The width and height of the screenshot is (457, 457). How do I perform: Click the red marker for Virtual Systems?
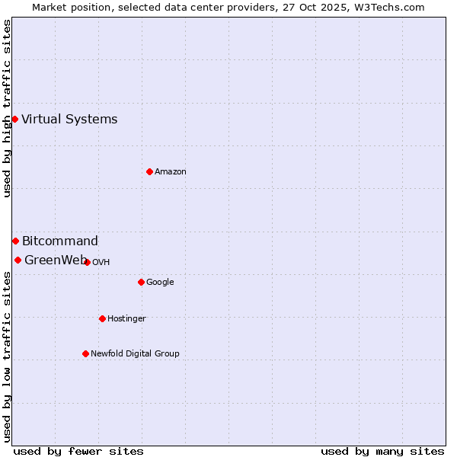pos(14,119)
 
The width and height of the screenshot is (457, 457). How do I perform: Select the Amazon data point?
pos(149,171)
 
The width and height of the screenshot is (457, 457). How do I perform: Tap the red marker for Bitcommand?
pos(15,241)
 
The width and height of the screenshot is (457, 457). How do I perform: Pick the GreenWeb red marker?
pos(18,260)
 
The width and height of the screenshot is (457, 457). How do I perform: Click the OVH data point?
pos(88,262)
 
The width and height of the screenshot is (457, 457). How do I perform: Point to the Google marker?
pos(141,282)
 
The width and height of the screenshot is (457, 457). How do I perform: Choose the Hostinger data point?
pos(102,318)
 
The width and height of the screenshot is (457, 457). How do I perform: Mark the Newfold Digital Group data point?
pos(85,353)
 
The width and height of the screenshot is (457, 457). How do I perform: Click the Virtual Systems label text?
pos(69,119)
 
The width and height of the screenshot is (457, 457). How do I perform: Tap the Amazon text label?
pos(171,172)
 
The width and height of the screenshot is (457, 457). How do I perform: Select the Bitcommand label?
pos(60,241)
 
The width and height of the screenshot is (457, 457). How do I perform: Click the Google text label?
pos(160,283)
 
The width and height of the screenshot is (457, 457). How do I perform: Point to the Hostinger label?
pos(126,319)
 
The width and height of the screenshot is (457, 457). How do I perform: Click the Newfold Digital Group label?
pos(135,354)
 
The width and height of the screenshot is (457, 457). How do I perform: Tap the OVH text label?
pos(101,263)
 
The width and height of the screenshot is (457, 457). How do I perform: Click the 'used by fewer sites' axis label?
pos(78,451)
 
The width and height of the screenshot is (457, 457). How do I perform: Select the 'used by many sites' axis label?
pos(382,451)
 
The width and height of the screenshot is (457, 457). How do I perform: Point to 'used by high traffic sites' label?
pos(7,108)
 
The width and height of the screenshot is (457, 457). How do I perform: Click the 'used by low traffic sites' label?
pos(7,356)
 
